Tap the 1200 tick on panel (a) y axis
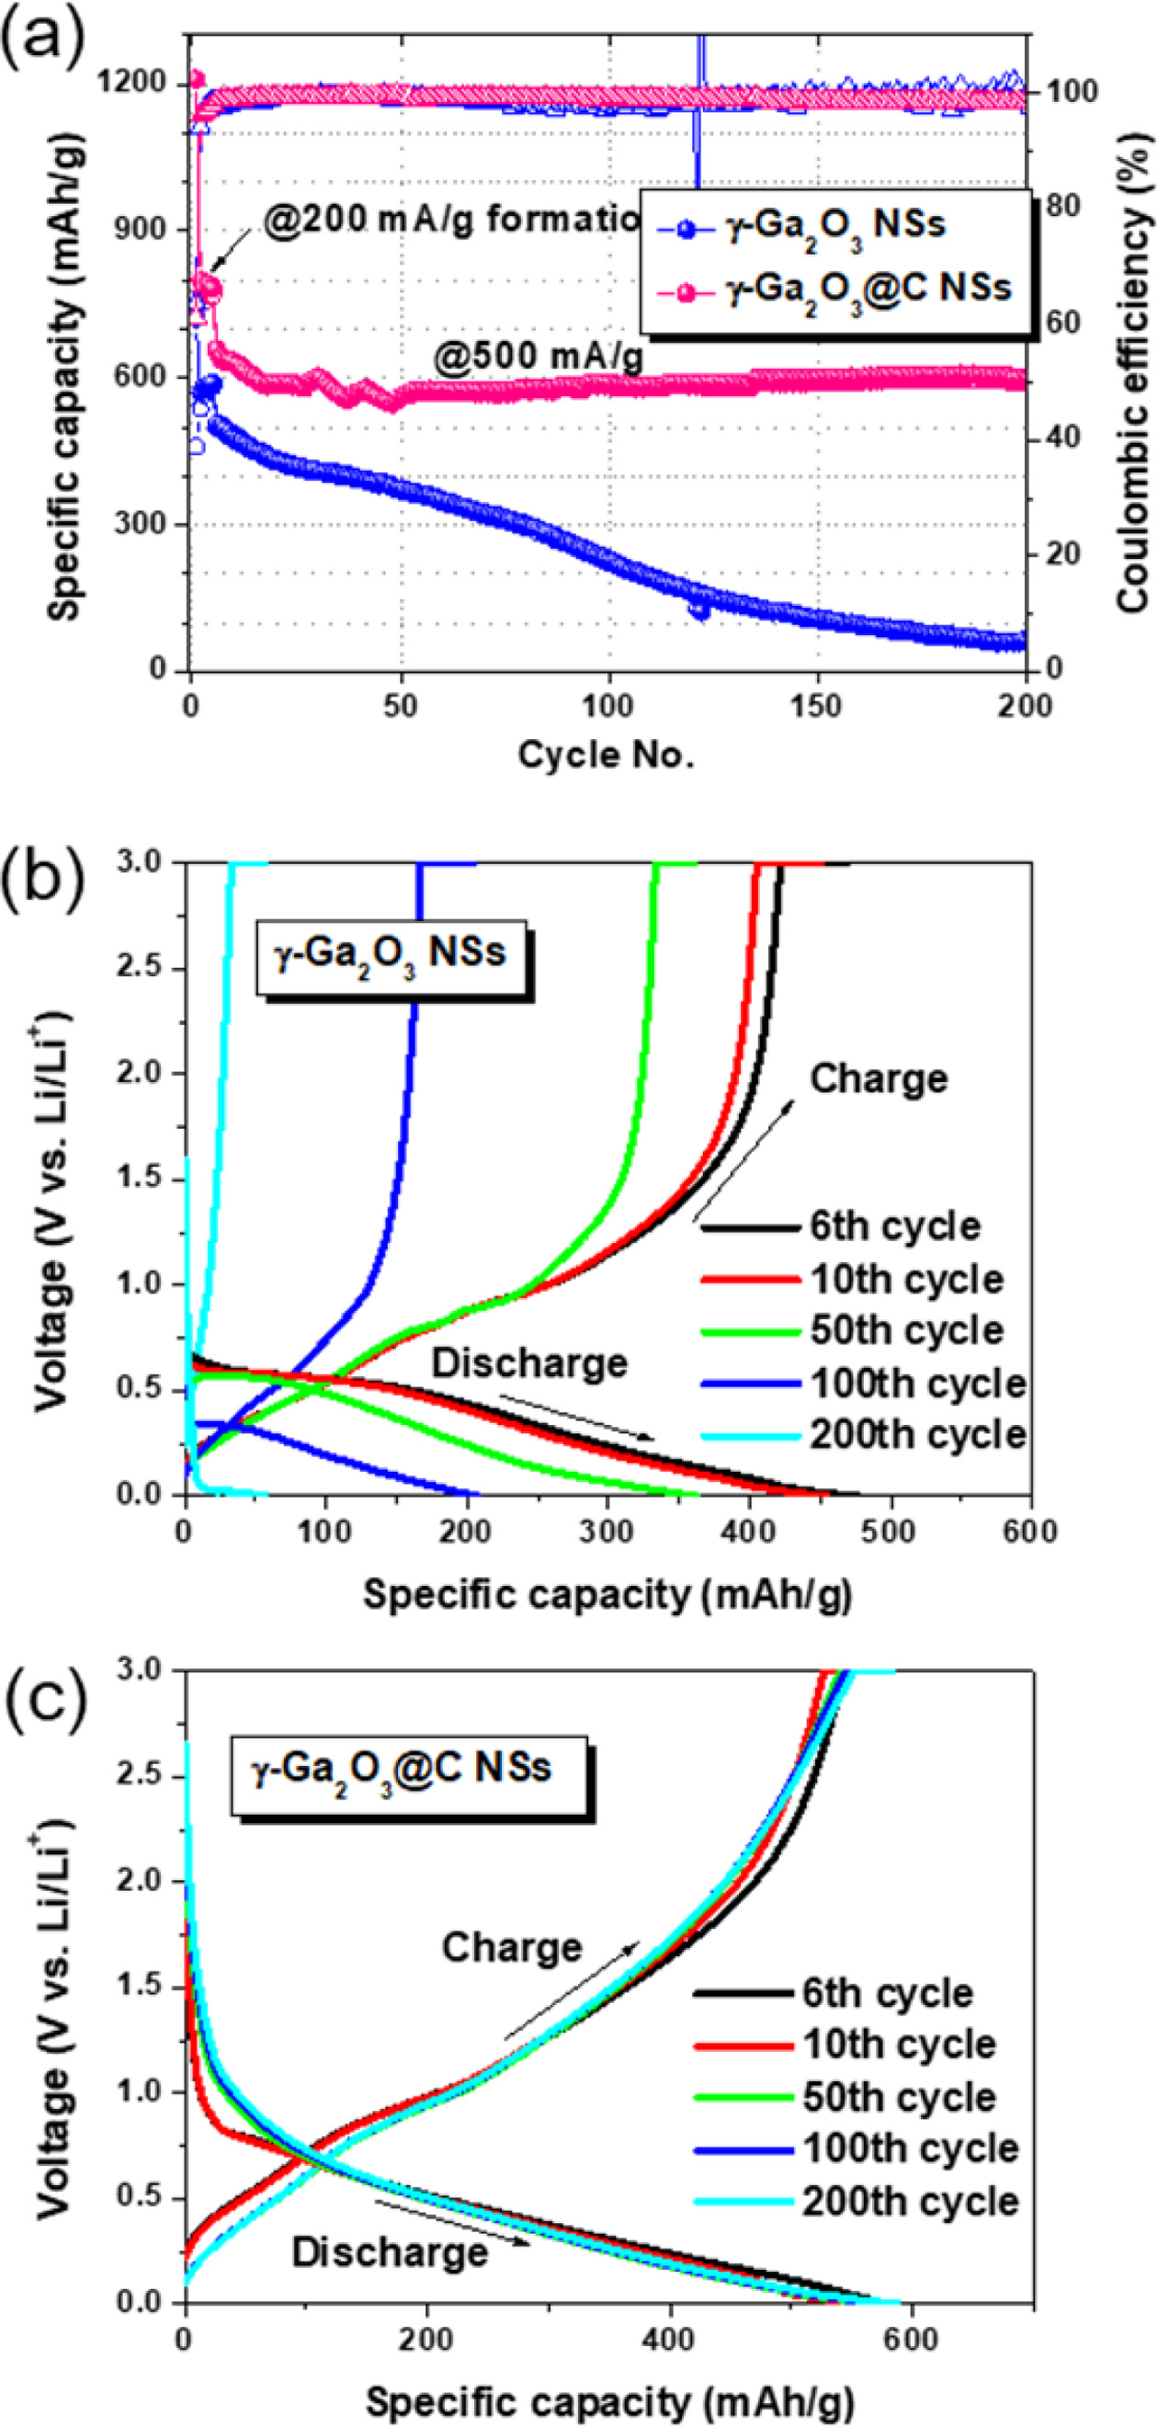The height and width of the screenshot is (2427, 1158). click(133, 84)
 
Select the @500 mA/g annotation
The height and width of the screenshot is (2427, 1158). click(538, 357)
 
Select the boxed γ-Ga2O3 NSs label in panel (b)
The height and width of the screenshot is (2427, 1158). click(389, 952)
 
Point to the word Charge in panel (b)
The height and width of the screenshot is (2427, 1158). click(879, 1078)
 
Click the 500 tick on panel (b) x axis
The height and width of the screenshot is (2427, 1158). click(890, 1531)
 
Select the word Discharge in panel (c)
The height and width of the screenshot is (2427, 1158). click(389, 2252)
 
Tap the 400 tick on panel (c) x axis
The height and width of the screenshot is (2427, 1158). click(671, 2339)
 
